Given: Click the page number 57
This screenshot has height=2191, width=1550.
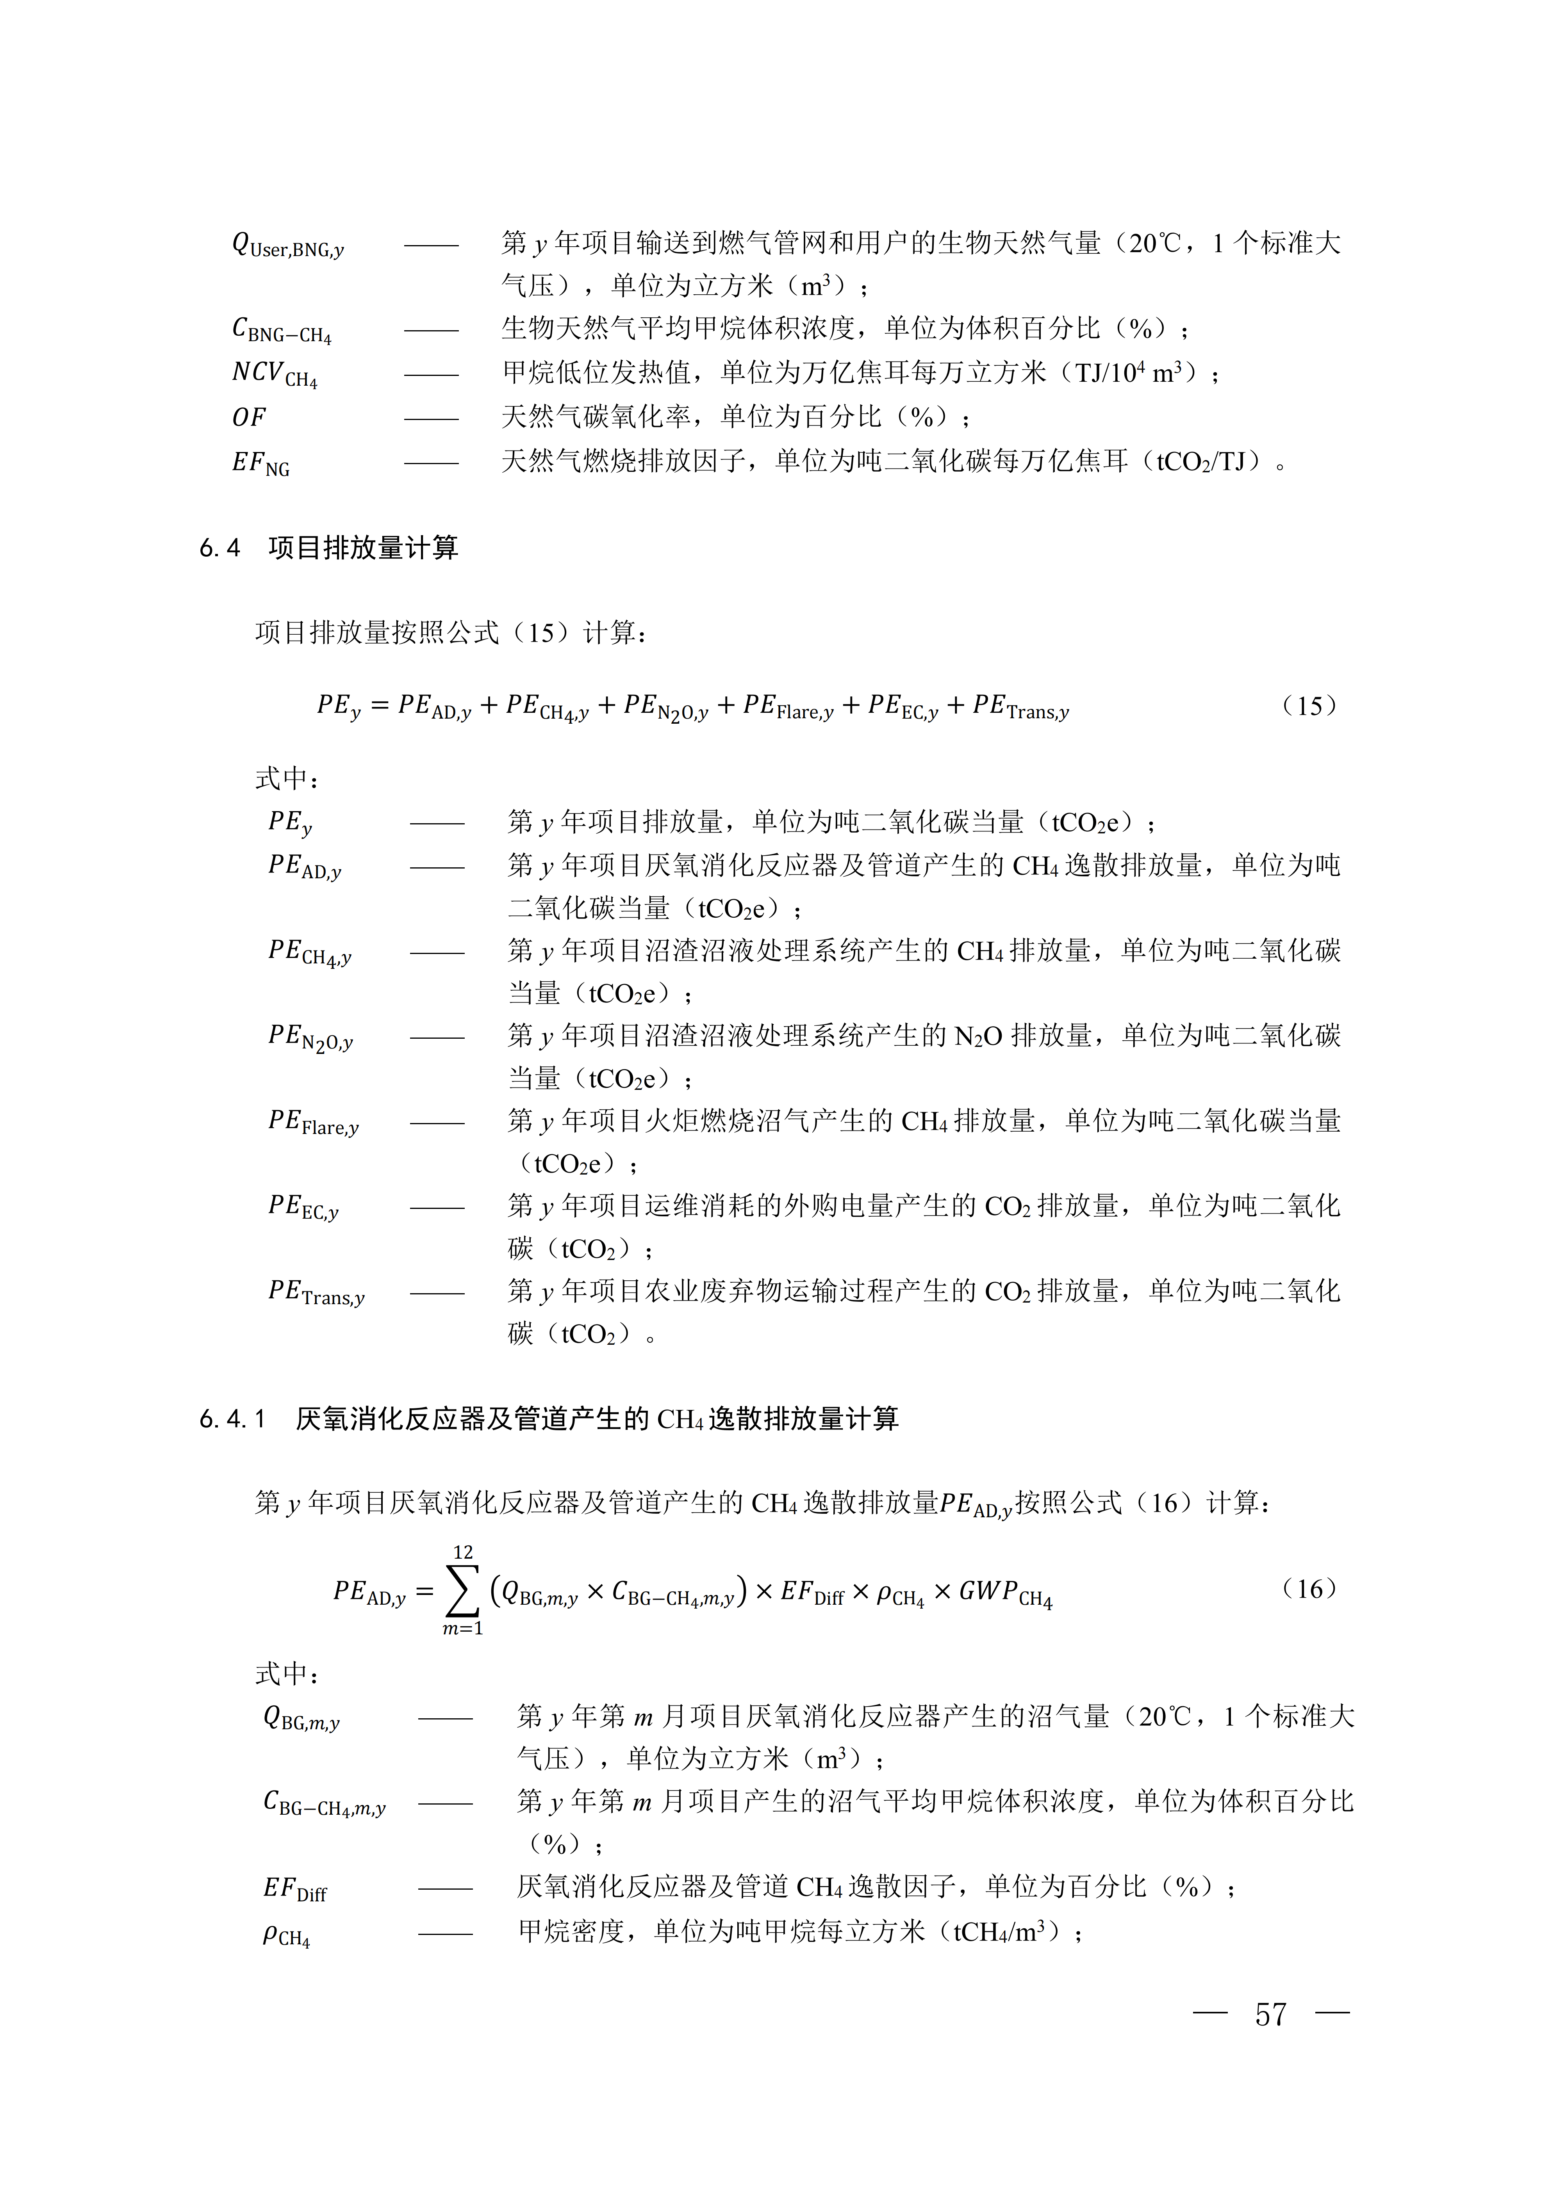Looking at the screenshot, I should pyautogui.click(x=1270, y=2015).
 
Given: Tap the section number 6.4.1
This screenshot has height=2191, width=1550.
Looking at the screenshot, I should pyautogui.click(x=232, y=1420).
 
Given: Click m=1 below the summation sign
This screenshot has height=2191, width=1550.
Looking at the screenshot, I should pyautogui.click(x=463, y=1629).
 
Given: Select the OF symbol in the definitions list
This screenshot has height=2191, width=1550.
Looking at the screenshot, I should pyautogui.click(x=249, y=417).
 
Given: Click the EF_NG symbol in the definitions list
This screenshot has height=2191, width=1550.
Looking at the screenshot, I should pyautogui.click(x=260, y=464).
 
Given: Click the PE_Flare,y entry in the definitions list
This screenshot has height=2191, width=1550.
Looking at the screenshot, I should pyautogui.click(x=313, y=1122).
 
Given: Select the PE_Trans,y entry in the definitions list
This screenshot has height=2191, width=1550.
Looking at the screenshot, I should pyautogui.click(x=316, y=1293).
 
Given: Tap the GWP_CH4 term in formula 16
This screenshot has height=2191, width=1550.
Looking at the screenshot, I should pyautogui.click(x=1005, y=1594).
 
